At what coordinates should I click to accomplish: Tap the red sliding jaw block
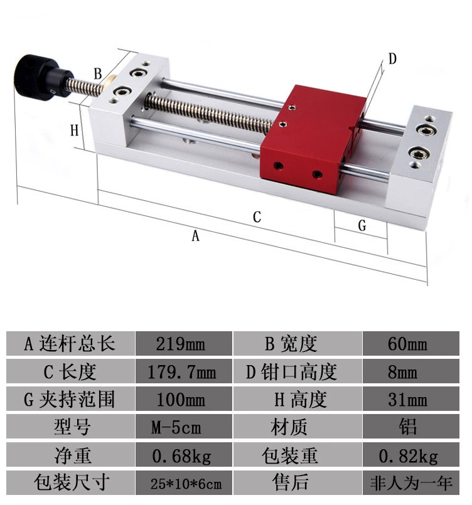coord(313,139)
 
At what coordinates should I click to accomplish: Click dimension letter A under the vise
coord(196,236)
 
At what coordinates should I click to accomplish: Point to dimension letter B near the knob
coord(98,74)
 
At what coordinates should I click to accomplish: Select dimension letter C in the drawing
coord(257,217)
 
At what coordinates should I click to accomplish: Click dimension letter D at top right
coord(392,59)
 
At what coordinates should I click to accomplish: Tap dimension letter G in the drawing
coord(362,225)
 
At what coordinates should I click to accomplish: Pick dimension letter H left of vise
coord(75,130)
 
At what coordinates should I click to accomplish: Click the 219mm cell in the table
coord(184,343)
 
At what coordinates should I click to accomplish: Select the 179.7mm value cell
coord(184,371)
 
